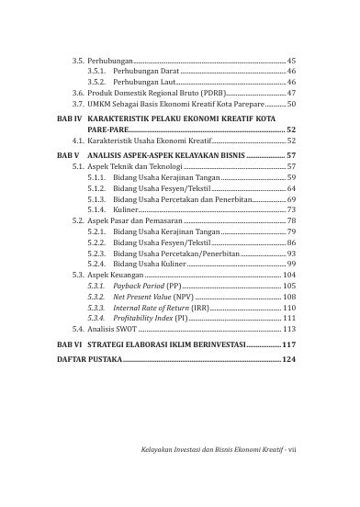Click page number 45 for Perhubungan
(x=292, y=59)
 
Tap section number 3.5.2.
(x=96, y=82)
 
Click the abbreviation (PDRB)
(x=207, y=93)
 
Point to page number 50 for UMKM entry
(x=292, y=105)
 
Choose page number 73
(x=291, y=210)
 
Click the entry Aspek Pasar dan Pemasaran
(x=135, y=221)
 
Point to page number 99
(x=291, y=264)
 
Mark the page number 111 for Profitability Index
(x=289, y=318)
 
